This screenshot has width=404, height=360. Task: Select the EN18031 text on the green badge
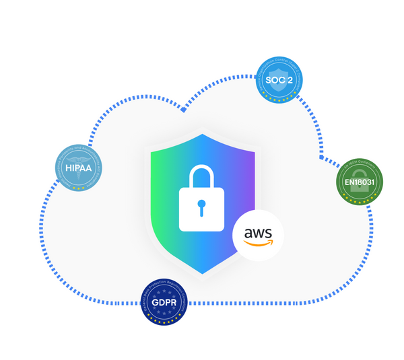(360, 182)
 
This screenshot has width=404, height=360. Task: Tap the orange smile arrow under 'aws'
(258, 244)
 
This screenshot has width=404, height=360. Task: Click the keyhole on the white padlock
(201, 207)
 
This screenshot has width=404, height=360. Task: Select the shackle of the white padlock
(201, 176)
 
